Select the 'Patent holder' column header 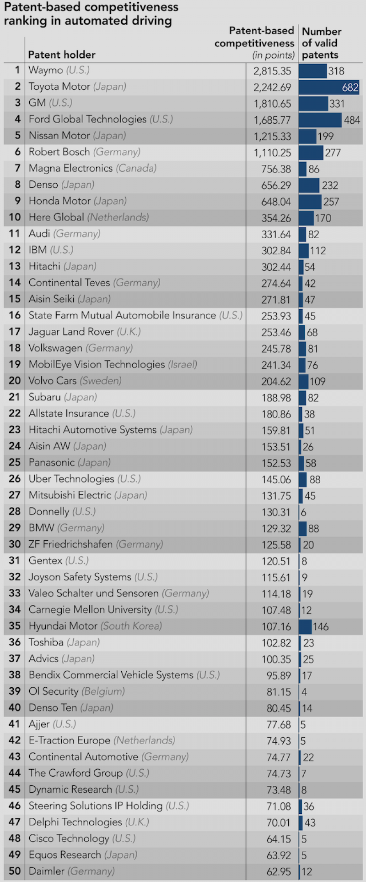62,55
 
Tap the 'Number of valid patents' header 322,43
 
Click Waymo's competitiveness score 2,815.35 272,71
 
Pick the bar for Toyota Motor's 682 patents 328,87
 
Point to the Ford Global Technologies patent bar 320,120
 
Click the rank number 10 15,217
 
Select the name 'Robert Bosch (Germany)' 85,152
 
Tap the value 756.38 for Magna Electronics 276,169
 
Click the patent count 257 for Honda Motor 331,202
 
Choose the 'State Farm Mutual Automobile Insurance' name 122,316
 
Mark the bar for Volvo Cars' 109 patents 303,381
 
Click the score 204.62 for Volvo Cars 276,382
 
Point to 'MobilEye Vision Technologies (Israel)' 113,365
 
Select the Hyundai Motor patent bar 305,626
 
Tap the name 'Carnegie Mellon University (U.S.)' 103,610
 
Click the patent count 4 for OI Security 304,692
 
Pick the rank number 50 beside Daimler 15,871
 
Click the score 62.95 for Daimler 279,872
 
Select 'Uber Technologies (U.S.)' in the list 85,479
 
